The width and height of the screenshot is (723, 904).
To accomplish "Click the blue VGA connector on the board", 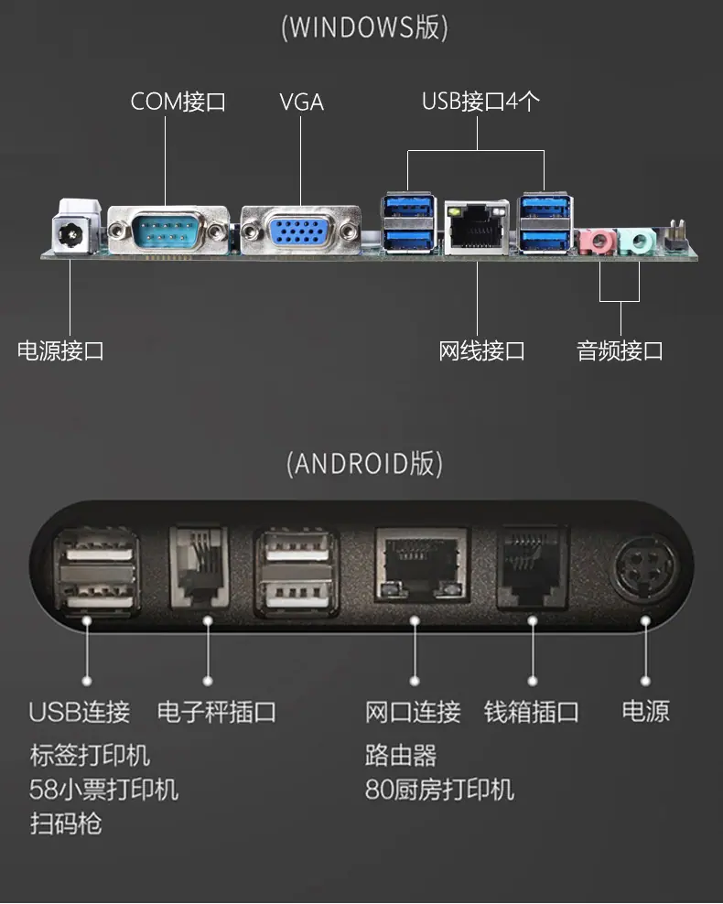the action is [x=300, y=231].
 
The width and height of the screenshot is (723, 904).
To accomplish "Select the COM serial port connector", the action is [x=167, y=230].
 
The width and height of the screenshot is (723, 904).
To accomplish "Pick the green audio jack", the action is [x=637, y=242].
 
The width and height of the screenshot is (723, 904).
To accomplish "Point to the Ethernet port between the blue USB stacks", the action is [x=476, y=227].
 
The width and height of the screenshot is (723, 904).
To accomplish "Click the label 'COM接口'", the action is [x=178, y=102].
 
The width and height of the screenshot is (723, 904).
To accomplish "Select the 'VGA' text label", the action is [x=301, y=102].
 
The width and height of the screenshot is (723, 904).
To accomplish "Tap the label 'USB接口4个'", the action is [x=480, y=102].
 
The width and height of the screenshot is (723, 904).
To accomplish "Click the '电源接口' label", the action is [x=60, y=350].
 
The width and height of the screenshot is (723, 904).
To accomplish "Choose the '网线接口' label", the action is [x=481, y=350].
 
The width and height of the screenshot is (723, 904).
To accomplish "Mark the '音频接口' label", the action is [x=620, y=350].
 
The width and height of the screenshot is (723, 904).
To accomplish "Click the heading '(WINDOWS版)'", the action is [x=364, y=27].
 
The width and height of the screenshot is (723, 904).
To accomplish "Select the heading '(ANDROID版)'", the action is [x=364, y=464].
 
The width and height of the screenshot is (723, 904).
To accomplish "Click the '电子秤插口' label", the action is [x=217, y=712].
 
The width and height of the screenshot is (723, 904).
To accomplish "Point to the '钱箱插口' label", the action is [x=532, y=712].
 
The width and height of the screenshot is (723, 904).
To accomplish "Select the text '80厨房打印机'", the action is [x=439, y=790].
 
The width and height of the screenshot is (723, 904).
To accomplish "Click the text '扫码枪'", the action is [x=66, y=823].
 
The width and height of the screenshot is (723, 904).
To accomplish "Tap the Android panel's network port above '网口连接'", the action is [x=422, y=565].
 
